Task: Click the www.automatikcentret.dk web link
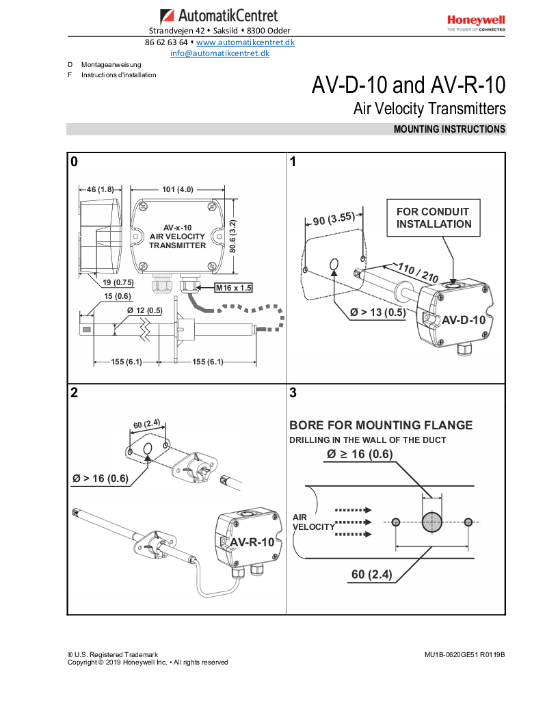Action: point(245,42)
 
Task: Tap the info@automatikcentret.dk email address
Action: point(220,53)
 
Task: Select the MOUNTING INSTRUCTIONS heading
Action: point(449,129)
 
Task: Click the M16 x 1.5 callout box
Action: point(233,288)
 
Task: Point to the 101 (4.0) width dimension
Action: point(178,189)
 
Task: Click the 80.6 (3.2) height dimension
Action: point(232,236)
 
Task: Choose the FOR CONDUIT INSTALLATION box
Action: point(434,218)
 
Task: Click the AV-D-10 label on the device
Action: point(464,320)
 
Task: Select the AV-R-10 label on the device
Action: point(252,542)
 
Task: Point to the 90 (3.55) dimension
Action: point(333,219)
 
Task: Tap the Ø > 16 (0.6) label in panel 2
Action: point(101,478)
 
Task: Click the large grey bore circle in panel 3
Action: point(431,522)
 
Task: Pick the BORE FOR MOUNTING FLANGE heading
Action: point(381,425)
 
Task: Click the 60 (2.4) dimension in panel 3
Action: point(371,574)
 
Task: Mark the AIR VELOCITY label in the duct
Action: point(313,522)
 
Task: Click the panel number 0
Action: point(74,161)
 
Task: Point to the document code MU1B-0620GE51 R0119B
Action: point(464,654)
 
